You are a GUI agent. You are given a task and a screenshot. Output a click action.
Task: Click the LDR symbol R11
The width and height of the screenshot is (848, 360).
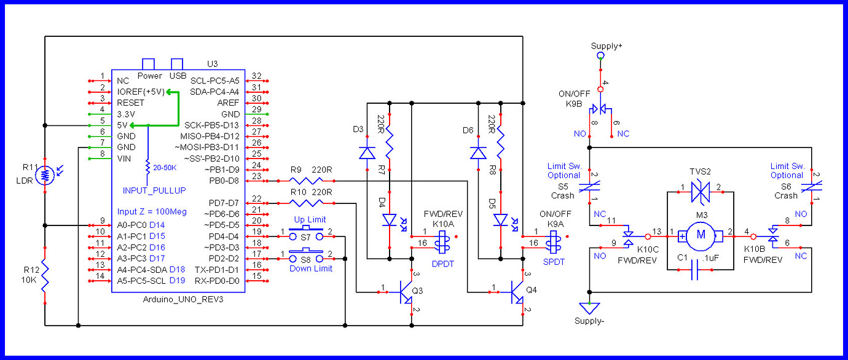(44, 176)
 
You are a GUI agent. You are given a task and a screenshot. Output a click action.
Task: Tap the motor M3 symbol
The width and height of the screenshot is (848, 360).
(701, 235)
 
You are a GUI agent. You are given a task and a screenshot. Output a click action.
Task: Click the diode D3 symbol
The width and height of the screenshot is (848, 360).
(367, 152)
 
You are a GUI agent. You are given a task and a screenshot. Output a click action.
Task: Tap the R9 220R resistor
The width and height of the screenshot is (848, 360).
(305, 181)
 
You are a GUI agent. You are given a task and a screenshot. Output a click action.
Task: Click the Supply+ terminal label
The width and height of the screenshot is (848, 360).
(606, 46)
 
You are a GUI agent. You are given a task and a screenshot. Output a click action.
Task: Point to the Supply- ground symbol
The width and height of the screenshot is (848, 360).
(589, 307)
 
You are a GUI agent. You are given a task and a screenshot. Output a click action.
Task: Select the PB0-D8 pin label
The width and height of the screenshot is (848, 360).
(224, 181)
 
